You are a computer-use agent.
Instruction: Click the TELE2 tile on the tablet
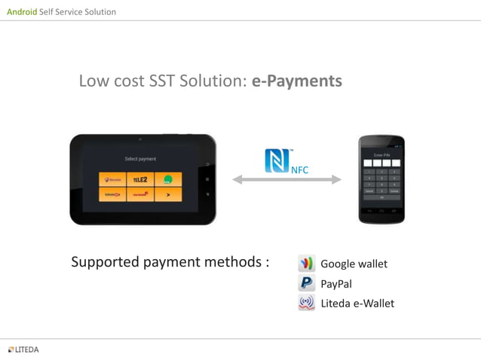click(140, 179)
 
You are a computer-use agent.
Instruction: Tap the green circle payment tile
click(168, 179)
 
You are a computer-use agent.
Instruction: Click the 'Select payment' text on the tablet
click(140, 159)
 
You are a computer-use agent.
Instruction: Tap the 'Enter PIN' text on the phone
click(381, 154)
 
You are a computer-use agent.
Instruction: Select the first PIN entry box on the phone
click(368, 163)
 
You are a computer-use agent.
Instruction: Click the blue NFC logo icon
click(277, 160)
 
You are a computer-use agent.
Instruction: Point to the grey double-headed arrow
click(286, 179)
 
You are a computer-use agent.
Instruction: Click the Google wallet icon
click(306, 264)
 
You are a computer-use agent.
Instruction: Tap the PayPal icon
click(306, 283)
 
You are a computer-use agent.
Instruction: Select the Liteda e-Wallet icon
click(306, 303)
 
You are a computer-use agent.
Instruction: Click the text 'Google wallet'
click(354, 264)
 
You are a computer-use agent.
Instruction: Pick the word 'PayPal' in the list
click(336, 284)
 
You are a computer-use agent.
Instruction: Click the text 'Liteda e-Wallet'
click(357, 303)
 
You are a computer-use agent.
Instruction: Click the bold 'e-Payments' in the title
click(297, 81)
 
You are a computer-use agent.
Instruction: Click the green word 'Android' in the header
click(22, 12)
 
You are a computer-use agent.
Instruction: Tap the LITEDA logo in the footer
click(23, 349)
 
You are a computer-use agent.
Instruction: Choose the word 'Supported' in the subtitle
click(105, 262)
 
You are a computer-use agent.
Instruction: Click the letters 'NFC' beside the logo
click(299, 169)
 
